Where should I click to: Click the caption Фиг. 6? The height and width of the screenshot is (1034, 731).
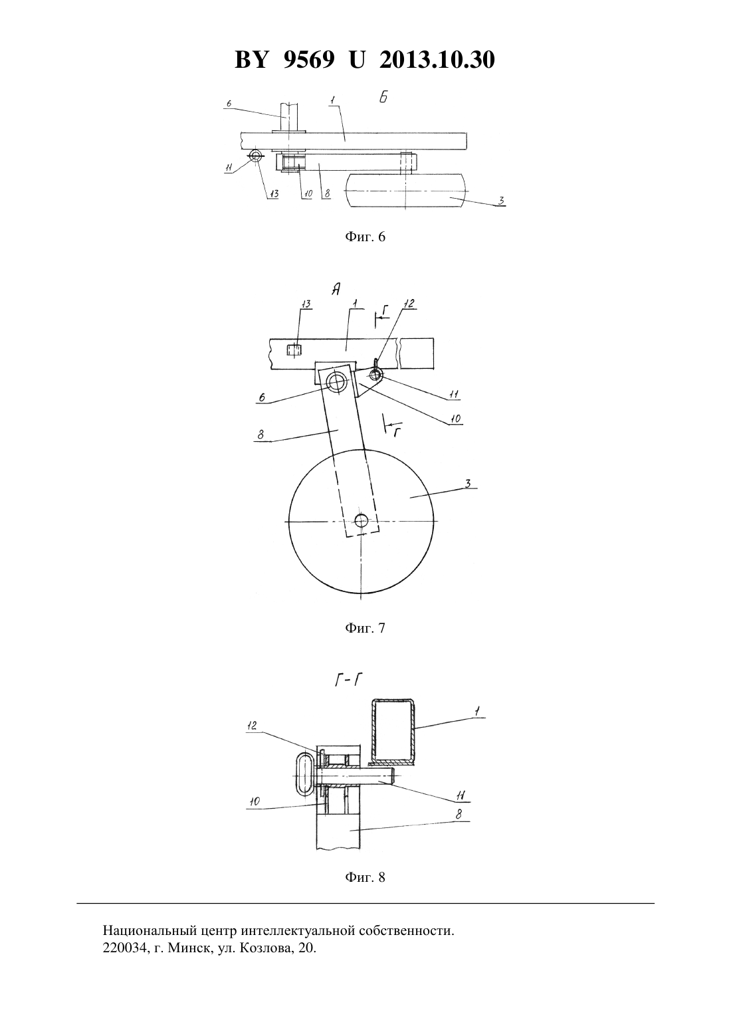pos(365,237)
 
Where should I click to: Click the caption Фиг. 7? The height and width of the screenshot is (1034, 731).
pos(365,628)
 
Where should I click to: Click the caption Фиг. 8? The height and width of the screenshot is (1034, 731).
pos(365,877)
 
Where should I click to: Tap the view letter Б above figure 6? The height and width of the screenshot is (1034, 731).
pos(383,98)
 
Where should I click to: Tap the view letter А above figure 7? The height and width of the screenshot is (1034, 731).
pos(336,289)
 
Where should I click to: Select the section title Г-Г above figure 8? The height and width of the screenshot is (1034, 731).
pos(348,681)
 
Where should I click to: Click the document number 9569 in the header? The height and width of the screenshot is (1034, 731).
pos(309,60)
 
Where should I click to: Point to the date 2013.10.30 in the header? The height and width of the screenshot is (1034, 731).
pos(437,60)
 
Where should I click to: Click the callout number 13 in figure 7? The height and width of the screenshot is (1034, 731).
pos(306,304)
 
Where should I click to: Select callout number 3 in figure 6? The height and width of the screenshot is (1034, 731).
pos(500,200)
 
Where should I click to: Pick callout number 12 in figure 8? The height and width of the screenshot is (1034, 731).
pos(252,725)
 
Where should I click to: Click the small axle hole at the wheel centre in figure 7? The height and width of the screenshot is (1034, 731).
pos(362,520)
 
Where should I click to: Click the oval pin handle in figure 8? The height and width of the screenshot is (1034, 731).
pos(304,774)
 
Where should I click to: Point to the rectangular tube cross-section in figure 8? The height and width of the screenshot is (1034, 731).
pos(393,731)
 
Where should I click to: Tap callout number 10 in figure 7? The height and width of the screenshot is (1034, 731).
pos(455,419)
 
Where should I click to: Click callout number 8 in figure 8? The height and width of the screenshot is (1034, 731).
pos(459,815)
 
